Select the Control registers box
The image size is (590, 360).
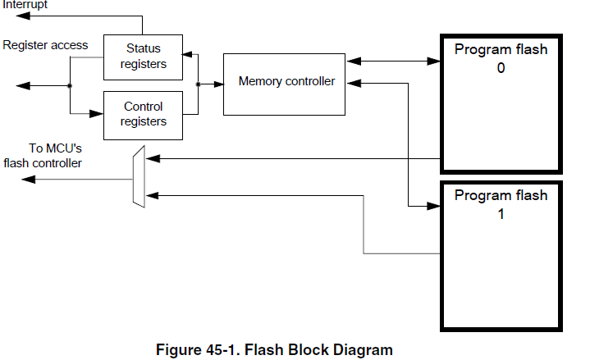[143, 114]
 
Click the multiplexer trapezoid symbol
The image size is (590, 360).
[138, 176]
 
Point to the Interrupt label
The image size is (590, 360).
[24, 5]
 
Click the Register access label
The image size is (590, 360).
[45, 45]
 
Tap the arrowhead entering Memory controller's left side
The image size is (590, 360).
[218, 84]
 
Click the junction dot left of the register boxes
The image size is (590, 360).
[71, 84]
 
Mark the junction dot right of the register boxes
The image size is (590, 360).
[198, 84]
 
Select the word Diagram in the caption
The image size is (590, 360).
[364, 350]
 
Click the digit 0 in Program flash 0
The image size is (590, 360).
[501, 68]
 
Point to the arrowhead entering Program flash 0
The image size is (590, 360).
[435, 61]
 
